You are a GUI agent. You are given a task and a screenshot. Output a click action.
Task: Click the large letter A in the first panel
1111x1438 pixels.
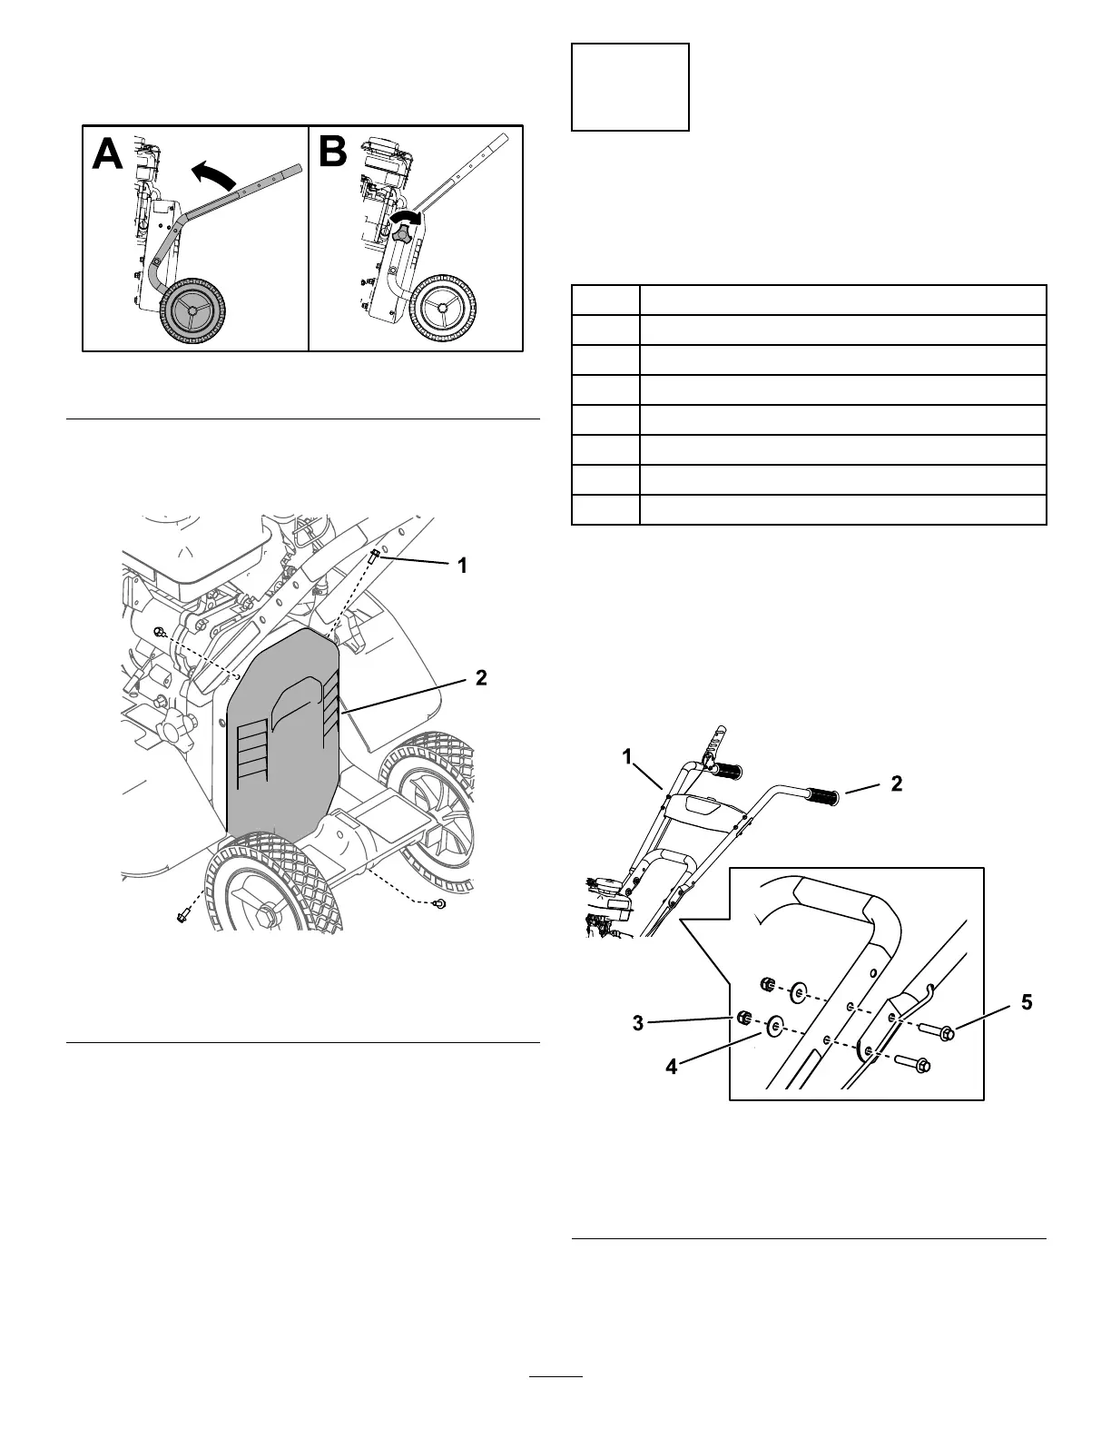click(x=108, y=154)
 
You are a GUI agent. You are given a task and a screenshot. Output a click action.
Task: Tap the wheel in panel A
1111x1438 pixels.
click(x=190, y=310)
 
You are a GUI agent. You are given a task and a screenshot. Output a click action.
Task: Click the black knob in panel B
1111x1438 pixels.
click(x=402, y=234)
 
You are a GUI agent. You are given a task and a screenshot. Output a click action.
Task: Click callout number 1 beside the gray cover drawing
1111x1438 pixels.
click(x=462, y=566)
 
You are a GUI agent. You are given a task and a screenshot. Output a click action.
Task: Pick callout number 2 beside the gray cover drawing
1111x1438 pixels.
click(x=481, y=677)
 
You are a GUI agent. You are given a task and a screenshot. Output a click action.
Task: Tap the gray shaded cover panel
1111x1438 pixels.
click(x=281, y=735)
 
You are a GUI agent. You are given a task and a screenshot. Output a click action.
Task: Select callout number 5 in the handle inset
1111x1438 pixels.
click(x=1026, y=1002)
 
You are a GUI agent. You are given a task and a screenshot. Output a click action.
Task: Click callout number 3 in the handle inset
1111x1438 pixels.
click(x=638, y=1023)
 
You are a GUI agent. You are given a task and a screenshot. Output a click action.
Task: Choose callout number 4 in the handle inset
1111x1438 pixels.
click(x=671, y=1068)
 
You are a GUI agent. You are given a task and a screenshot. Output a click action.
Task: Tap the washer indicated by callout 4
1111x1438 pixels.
click(x=774, y=1027)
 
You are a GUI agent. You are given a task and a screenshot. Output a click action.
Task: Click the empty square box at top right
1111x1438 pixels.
click(x=630, y=87)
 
